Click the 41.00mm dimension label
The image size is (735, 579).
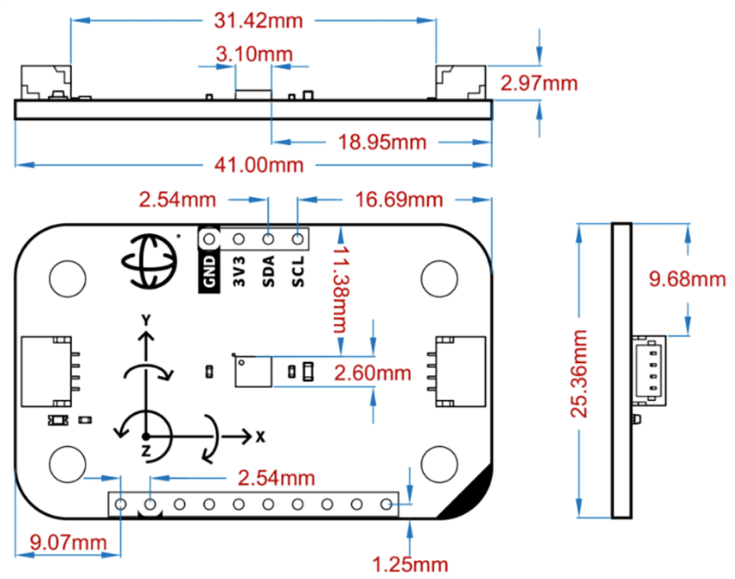[253, 164]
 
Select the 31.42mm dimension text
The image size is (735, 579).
[253, 19]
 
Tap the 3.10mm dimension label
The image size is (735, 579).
[254, 54]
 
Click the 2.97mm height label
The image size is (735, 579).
[539, 84]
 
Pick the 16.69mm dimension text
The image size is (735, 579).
[399, 200]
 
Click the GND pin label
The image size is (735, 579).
[208, 271]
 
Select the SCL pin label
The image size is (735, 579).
[298, 271]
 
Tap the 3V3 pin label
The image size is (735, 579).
[239, 271]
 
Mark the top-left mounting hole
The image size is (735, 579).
[66, 277]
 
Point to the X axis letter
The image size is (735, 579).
[259, 436]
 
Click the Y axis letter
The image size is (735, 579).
[146, 321]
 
